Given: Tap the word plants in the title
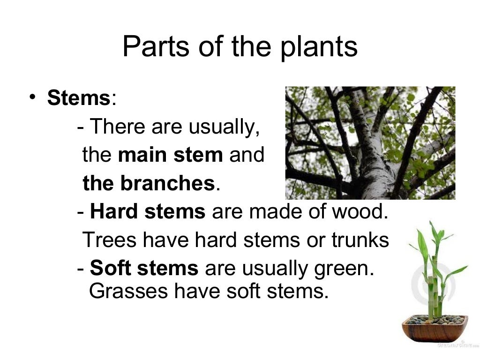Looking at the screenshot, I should pyautogui.click(x=318, y=48).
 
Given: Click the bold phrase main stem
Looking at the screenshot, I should pyautogui.click(x=171, y=155).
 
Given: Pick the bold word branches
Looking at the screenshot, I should pyautogui.click(x=167, y=184).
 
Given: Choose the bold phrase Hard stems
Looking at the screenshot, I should pyautogui.click(x=148, y=212).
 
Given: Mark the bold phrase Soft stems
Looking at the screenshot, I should pyautogui.click(x=144, y=269).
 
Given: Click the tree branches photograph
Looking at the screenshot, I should pyautogui.click(x=370, y=142).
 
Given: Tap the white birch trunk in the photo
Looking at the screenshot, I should pyautogui.click(x=370, y=173).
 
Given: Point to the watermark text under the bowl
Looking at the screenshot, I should pyautogui.click(x=452, y=345).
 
